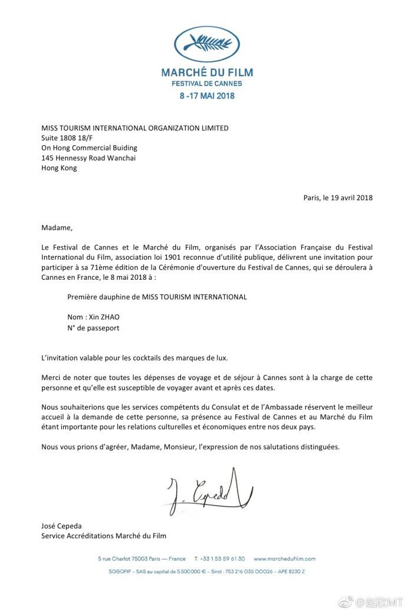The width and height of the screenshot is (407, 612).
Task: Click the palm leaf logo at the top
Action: pos(206,42)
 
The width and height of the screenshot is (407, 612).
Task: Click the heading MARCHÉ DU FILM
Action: pos(207,73)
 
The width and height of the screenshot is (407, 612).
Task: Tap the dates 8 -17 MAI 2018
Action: pos(207,96)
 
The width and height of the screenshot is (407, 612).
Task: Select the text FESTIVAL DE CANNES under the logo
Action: pos(207,84)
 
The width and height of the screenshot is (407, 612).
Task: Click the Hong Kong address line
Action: pos(59,168)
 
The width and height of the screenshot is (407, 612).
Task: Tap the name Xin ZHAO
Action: pos(103,317)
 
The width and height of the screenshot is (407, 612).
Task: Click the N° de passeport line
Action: pos(93,328)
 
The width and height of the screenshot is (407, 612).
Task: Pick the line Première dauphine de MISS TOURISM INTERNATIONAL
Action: pos(157,297)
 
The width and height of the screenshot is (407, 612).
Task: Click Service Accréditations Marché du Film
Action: pos(104,536)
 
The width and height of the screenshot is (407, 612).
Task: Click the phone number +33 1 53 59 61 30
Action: pos(222,558)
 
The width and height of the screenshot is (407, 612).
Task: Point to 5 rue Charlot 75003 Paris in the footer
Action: pos(142,558)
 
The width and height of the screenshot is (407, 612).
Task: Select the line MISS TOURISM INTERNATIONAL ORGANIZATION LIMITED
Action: pos(134,127)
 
